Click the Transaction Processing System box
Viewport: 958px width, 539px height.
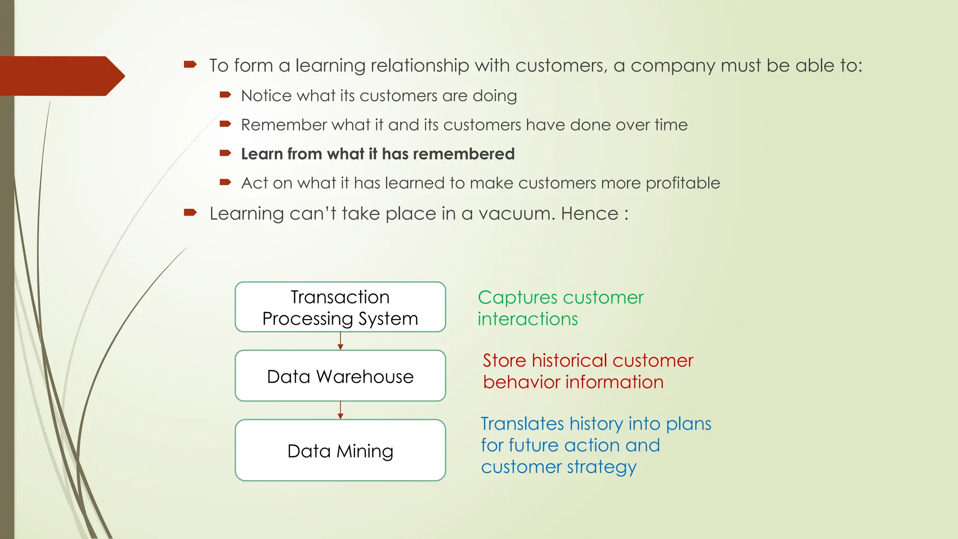pos(340,307)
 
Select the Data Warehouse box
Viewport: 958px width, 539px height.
pos(340,376)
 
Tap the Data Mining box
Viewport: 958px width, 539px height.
pos(340,450)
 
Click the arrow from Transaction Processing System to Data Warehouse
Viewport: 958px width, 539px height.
pos(341,341)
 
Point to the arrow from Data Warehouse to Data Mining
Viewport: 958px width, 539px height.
pos(341,410)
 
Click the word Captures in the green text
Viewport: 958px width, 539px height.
pos(517,298)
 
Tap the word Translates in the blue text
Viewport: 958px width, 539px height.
pos(522,424)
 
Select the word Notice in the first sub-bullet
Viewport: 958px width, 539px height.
pos(266,96)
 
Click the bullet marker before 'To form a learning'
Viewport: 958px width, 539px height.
pos(190,65)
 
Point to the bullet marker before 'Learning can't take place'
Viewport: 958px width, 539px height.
pos(190,213)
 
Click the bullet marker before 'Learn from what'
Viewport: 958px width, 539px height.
pos(225,153)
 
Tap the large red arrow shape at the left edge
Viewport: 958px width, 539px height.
pos(61,76)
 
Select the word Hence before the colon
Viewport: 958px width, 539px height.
pos(589,214)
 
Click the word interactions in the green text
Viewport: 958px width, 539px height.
pos(528,320)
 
